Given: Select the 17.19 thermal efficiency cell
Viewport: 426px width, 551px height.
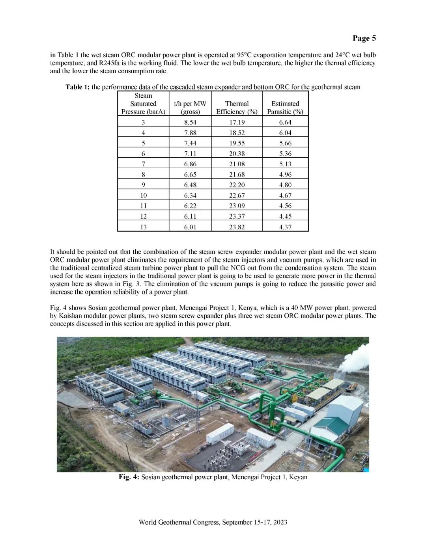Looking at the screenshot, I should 237,122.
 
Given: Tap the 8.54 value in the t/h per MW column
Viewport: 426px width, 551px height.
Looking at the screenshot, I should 190,122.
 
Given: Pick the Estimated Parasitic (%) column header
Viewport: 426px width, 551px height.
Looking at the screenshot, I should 285,108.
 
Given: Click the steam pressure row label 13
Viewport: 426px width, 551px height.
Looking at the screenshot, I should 143,227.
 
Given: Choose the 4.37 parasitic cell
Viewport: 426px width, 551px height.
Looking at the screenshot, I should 285,227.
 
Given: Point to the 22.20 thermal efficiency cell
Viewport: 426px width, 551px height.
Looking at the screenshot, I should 237,185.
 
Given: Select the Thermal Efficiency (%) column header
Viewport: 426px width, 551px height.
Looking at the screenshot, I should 237,108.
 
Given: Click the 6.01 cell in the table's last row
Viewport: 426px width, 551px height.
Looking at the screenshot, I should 190,227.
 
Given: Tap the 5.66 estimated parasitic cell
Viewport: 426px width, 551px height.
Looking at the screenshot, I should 285,143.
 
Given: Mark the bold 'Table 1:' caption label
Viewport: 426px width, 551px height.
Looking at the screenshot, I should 77,87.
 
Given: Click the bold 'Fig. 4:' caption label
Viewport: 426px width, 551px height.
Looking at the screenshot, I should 129,477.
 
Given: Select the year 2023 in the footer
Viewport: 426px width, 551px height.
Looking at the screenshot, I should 279,522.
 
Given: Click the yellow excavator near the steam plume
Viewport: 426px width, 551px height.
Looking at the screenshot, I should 350,387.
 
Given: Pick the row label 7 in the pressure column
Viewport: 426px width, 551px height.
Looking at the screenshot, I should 143,164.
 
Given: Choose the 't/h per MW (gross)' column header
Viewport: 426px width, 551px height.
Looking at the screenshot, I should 190,108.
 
